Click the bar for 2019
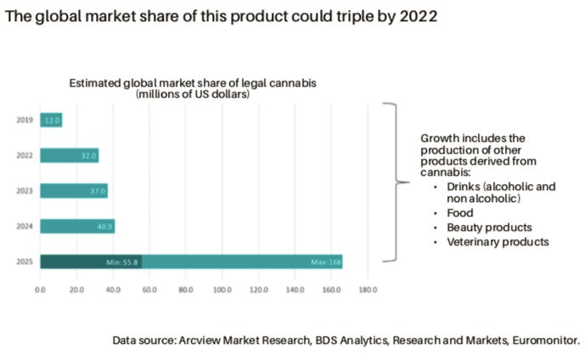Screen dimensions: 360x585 pos(51,121)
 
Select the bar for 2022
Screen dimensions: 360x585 pos(70,155)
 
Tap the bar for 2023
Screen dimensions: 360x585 pos(74,191)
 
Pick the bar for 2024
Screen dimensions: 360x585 pos(76,227)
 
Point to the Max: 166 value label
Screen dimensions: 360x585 pos(324,262)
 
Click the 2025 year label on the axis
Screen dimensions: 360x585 pos(25,262)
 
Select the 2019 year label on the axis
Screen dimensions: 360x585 pos(25,121)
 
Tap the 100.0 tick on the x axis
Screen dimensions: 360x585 pos(222,290)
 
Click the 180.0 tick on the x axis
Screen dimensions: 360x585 pos(368,290)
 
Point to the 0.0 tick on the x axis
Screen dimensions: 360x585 pos(40,290)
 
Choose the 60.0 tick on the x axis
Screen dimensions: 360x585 pos(149,290)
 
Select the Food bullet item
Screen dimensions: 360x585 pos(461,213)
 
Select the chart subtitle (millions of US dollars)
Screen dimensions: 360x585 pos(193,94)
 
